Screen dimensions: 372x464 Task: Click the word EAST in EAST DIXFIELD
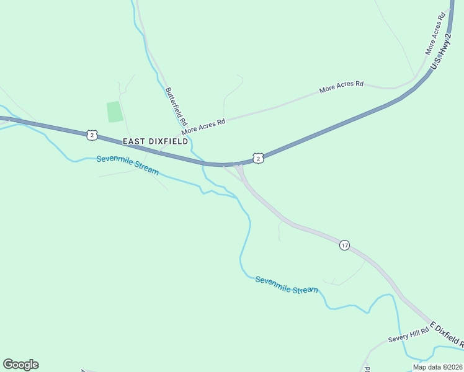tap(133, 141)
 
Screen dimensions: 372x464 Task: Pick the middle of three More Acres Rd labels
tap(341, 86)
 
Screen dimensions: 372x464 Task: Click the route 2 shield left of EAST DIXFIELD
tap(92, 135)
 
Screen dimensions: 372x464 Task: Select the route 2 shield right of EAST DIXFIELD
tap(259, 158)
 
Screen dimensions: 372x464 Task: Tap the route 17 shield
tap(345, 246)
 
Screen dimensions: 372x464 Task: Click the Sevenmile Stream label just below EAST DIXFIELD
tap(127, 165)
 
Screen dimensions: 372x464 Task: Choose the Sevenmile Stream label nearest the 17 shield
tap(287, 285)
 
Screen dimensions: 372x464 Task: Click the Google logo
tap(20, 364)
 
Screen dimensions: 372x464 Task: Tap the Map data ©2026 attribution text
tap(437, 367)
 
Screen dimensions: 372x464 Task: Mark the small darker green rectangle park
tap(114, 112)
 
